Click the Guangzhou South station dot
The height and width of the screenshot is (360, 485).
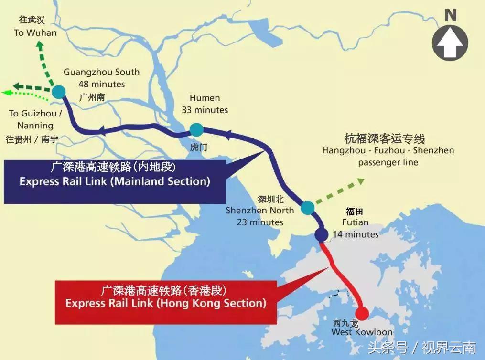59,91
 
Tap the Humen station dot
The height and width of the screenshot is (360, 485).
196,129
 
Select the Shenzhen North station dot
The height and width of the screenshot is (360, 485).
308,207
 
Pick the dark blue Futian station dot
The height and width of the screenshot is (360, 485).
321,234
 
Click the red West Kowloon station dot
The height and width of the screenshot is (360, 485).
362,314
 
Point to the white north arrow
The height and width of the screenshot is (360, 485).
450,43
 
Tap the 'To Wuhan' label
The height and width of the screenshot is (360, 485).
35,33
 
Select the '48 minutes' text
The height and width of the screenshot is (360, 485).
102,85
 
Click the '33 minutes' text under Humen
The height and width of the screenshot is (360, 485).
205,110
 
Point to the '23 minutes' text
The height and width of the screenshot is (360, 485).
260,222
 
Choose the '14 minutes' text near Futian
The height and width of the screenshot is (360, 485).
356,234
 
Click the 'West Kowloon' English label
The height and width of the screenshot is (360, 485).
362,332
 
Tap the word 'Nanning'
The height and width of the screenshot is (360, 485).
35,126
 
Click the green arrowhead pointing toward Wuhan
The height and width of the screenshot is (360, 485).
39,46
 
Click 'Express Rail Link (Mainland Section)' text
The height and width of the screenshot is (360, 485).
115,182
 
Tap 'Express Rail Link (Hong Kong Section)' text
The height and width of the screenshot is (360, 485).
165,303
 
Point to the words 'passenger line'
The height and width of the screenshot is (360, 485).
388,162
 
